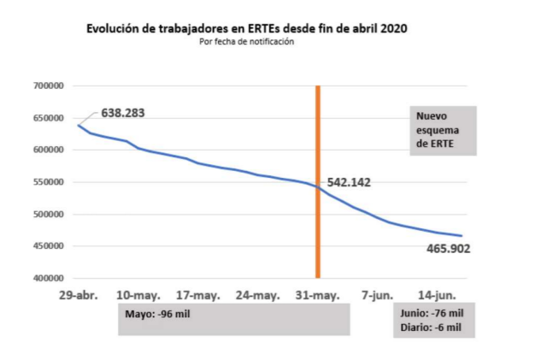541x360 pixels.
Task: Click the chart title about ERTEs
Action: [247, 28]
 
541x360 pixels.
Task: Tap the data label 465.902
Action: [450, 249]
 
